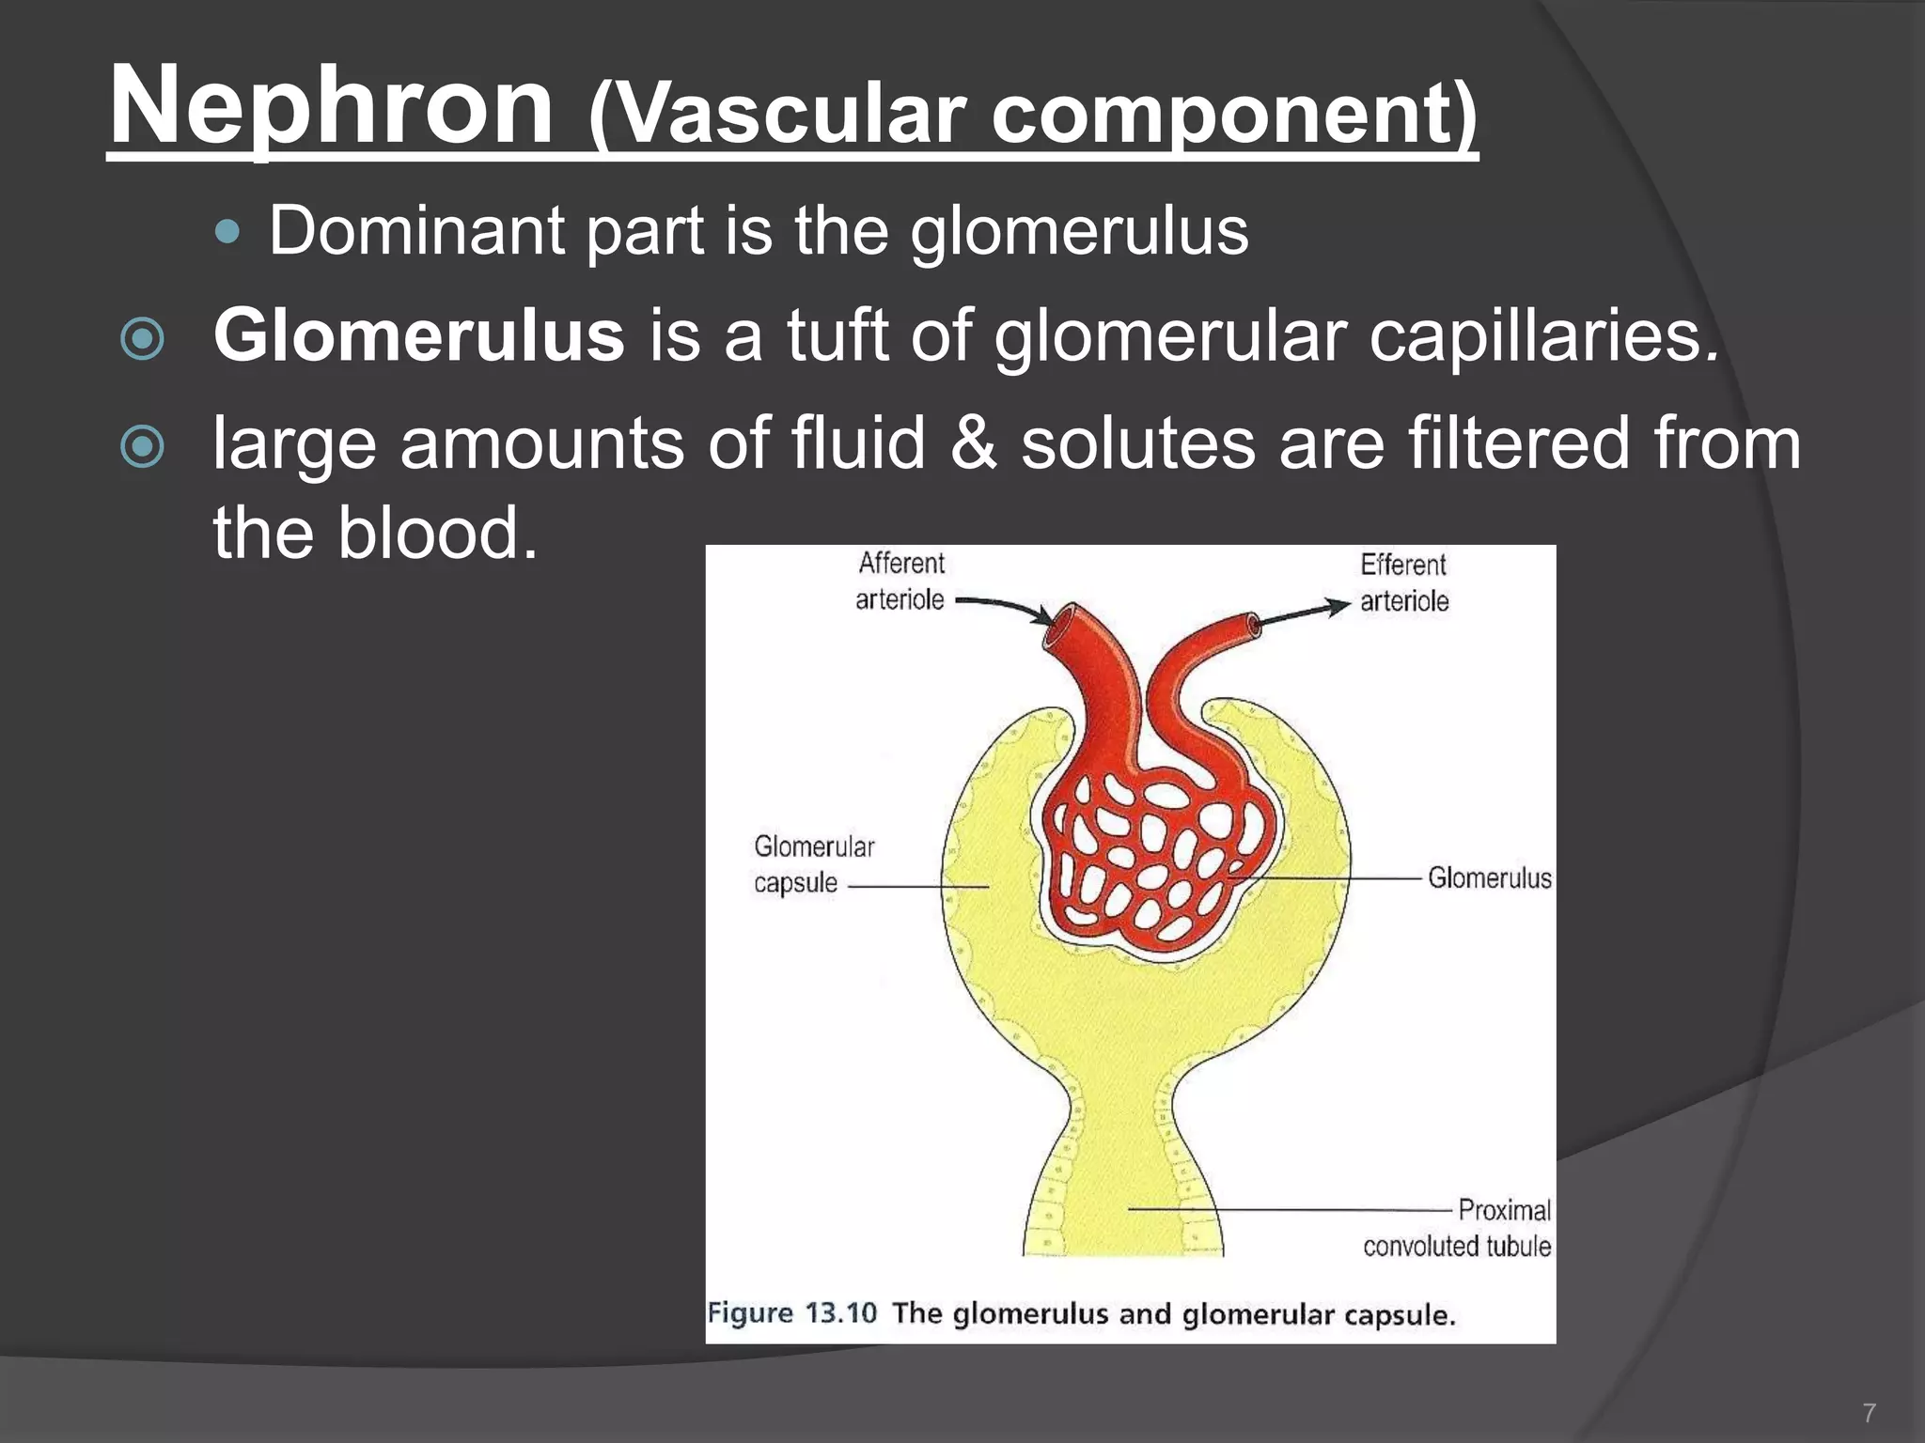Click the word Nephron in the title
tap(331, 106)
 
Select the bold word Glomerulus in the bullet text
tap(418, 335)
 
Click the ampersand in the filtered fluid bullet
tap(972, 443)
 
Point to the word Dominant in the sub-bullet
tap(416, 230)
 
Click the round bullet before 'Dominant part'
tap(227, 230)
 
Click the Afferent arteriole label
tap(900, 582)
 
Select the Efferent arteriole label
tap(1404, 582)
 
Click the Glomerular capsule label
tap(814, 864)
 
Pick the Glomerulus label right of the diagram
tap(1489, 878)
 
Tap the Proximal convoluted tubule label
tap(1458, 1228)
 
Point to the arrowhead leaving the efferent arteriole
tap(1338, 606)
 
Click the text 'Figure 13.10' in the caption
tap(791, 1312)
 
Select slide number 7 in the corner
tap(1869, 1412)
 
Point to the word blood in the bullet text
tap(438, 533)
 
